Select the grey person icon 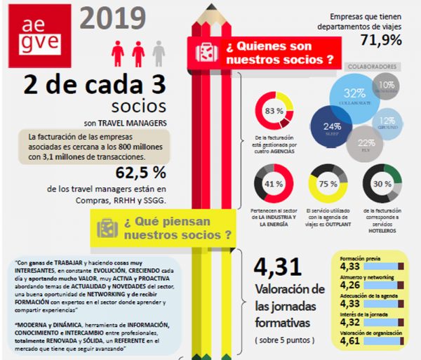coord(159,53)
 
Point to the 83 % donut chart coord(274,112)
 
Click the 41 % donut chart coord(273,184)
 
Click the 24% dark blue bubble coord(331,126)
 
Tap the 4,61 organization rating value coord(349,340)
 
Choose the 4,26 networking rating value coord(349,285)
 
